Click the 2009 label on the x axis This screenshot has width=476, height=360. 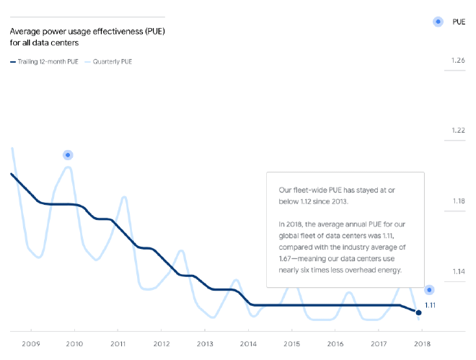tap(31, 343)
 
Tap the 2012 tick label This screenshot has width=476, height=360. tap(161, 343)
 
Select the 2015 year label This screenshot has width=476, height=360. tap(291, 343)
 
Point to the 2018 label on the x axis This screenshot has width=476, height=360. tap(421, 343)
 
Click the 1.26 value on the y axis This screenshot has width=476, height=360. tap(457, 61)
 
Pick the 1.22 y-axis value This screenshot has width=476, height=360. tap(457, 131)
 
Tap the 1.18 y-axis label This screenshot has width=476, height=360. tap(457, 201)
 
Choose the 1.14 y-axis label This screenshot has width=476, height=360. tap(457, 271)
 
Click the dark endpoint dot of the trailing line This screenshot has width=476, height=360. tap(419, 312)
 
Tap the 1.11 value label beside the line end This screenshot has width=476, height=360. tap(430, 305)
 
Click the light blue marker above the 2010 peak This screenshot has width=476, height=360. tap(68, 155)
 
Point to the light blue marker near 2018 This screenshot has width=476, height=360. tap(429, 290)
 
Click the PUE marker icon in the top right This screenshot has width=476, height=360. tap(437, 22)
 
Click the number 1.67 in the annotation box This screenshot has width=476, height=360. tap(286, 258)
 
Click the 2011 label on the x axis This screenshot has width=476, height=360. tap(118, 343)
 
